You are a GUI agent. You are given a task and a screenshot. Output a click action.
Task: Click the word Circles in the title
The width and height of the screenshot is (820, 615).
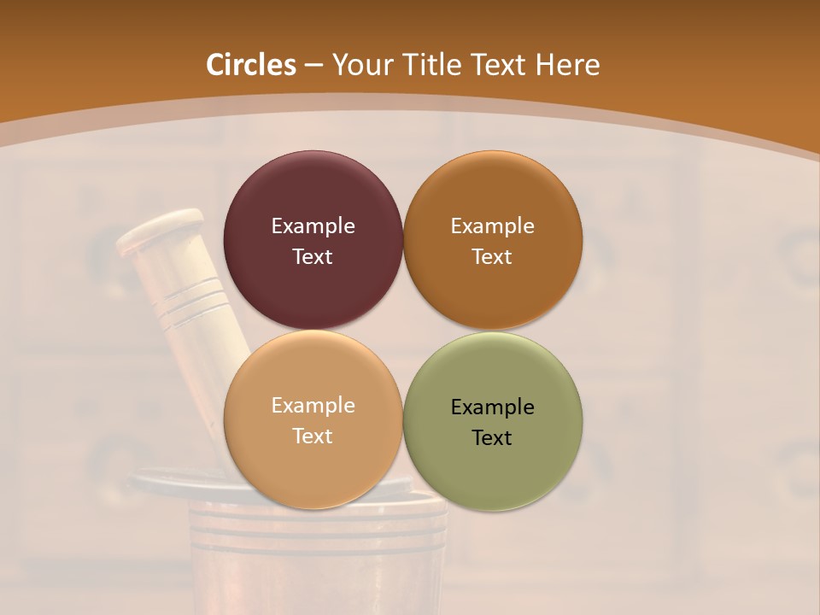(250, 65)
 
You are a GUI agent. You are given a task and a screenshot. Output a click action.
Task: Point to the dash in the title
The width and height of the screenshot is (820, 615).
(313, 66)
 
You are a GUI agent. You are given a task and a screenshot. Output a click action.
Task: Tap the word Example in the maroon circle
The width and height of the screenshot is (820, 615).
(313, 225)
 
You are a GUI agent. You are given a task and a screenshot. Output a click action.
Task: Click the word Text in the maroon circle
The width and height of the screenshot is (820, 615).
(313, 256)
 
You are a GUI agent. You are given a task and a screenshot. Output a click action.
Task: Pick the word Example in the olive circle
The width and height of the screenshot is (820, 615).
(492, 407)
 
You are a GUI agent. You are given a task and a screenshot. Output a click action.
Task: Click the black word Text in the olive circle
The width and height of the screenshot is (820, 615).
(492, 437)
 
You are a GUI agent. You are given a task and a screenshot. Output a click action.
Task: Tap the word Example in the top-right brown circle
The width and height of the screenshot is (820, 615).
(492, 225)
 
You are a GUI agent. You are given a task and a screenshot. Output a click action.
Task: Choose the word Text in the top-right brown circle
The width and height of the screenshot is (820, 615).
(492, 256)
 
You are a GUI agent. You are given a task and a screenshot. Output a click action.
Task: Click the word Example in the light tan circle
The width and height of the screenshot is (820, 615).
(313, 405)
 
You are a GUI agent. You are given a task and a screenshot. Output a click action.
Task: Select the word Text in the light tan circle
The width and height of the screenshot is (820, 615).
(313, 436)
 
